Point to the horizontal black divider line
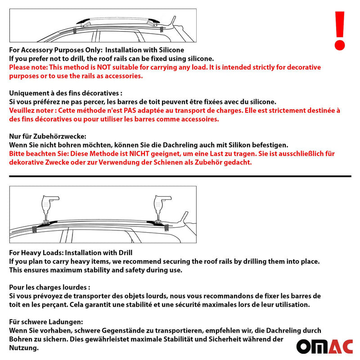click(180, 176)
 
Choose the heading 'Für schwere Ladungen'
click(46, 322)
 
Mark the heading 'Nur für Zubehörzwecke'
click(47, 136)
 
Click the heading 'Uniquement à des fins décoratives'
click(65, 93)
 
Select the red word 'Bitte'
click(18, 153)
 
